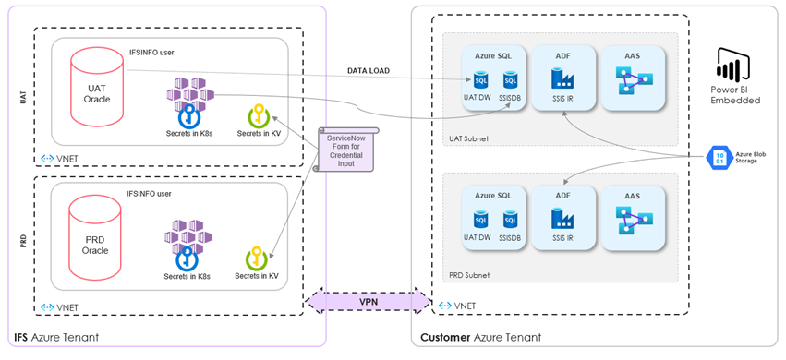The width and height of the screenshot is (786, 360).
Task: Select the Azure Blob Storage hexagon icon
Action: click(x=719, y=158)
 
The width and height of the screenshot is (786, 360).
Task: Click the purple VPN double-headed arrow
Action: click(x=368, y=301)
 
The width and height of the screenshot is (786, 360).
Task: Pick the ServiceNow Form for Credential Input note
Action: click(x=344, y=149)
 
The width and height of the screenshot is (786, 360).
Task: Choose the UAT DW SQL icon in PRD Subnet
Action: click(x=481, y=221)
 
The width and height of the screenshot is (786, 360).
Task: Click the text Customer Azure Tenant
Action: click(x=480, y=338)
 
